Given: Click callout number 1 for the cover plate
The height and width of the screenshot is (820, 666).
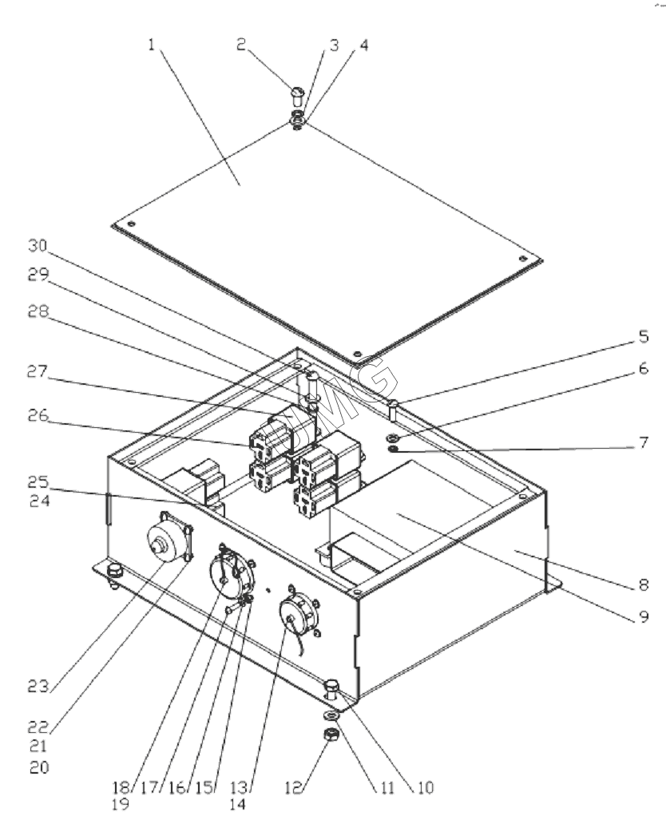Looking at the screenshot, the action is click(152, 45).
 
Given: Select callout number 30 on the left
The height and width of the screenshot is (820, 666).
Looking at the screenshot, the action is click(38, 245).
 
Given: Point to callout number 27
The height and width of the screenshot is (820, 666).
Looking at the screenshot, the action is click(38, 372).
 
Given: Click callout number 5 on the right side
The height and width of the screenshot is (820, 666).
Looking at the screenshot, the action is click(644, 337).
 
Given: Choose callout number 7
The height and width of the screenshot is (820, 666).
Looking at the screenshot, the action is click(644, 442).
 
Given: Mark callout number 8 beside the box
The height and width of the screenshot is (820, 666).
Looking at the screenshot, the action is click(644, 584).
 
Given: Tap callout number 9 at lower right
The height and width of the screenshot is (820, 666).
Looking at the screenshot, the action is click(644, 616).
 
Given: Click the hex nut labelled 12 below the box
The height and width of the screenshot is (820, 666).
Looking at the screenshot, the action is click(331, 735).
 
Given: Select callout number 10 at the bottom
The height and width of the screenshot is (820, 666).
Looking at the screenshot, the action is click(425, 787).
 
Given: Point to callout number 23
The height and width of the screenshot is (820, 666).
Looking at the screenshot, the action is click(38, 686).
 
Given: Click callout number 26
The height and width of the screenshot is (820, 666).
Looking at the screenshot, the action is click(38, 416).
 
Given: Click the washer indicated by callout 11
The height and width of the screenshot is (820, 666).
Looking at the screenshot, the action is click(331, 715).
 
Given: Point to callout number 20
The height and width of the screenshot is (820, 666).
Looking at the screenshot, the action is click(38, 767).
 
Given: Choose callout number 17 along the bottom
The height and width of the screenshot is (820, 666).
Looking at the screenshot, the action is click(149, 787).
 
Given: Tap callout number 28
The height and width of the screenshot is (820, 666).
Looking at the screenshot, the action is click(38, 311).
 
